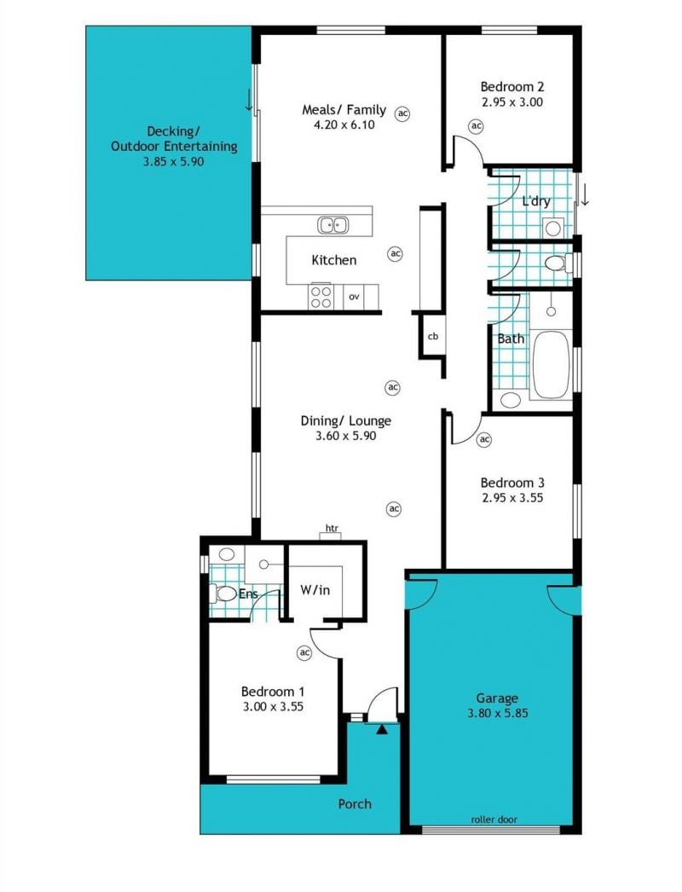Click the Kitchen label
(334, 260)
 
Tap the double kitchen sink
(332, 225)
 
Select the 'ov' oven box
(354, 297)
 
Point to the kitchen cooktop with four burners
(321, 297)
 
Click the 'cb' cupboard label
(433, 336)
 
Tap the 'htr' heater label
(332, 529)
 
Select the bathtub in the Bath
(551, 365)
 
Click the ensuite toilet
(223, 594)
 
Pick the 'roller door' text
(494, 820)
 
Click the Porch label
(355, 804)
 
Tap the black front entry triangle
(382, 729)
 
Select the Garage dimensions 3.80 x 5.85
(498, 713)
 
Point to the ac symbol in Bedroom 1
(304, 652)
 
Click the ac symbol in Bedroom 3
(484, 439)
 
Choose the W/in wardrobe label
(315, 590)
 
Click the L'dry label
(536, 200)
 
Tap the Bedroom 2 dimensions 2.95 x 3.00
(512, 101)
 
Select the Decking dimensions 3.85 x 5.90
(174, 161)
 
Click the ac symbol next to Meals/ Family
(402, 113)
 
